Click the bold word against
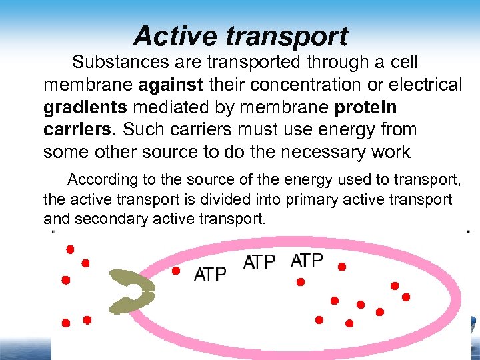172,85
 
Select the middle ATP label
259,263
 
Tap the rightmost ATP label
307,260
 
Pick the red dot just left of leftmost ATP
176,271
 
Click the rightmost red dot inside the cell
406,297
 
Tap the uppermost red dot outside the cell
69,249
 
